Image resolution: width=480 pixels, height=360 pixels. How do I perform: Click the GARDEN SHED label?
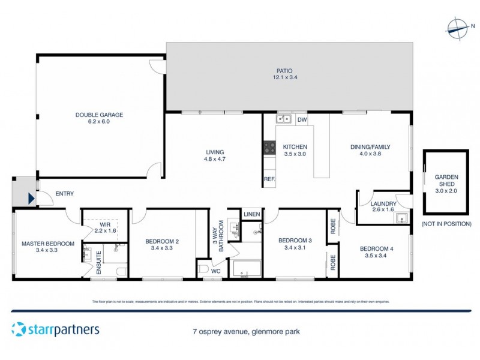click(x=446, y=181)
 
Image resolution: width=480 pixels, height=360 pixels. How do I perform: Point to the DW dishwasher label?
click(x=302, y=119)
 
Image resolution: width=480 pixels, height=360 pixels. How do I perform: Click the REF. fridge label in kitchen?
click(x=269, y=179)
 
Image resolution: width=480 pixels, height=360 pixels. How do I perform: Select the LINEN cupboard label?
click(x=251, y=214)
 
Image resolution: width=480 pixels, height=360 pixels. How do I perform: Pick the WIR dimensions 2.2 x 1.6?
click(x=106, y=231)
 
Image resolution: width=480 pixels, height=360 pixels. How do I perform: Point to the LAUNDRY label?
click(x=385, y=203)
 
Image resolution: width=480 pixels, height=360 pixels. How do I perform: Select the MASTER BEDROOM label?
click(x=48, y=244)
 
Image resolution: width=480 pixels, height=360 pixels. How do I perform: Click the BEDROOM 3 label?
click(x=295, y=240)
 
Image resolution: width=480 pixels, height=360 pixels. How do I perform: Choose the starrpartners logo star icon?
click(x=19, y=329)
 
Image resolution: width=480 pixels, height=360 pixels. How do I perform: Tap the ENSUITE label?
click(x=100, y=264)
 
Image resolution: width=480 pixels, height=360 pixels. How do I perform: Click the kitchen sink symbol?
click(x=283, y=119)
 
